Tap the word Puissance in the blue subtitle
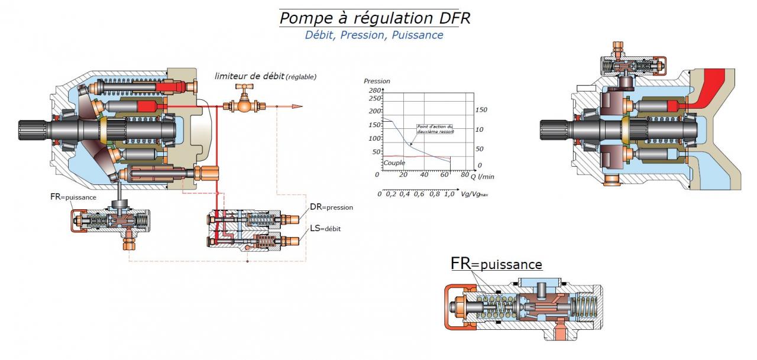click(x=422, y=35)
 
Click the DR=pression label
click(x=331, y=207)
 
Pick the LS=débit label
click(x=325, y=228)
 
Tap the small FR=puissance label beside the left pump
click(x=73, y=197)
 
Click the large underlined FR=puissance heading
click(x=496, y=264)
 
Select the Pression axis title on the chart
click(x=377, y=81)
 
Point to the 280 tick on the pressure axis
click(x=374, y=90)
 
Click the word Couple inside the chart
click(x=394, y=163)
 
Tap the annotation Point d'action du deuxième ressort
click(x=435, y=128)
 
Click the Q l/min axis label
click(x=481, y=176)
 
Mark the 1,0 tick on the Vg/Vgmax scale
click(x=449, y=194)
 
